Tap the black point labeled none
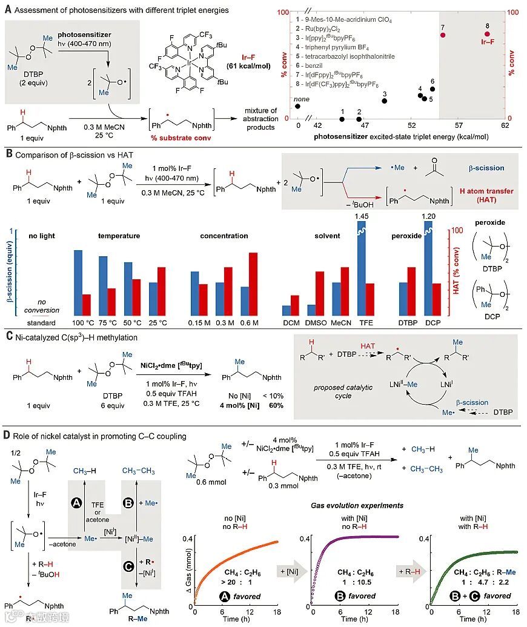[x=297, y=106]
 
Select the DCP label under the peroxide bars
[x=436, y=322]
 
